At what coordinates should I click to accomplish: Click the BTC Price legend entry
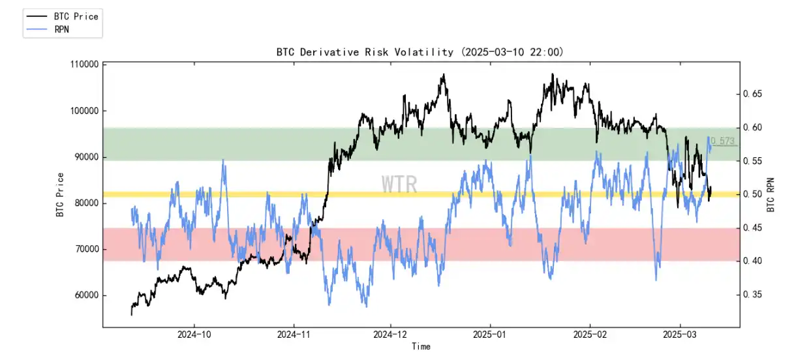76,16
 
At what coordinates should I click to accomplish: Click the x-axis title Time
421,347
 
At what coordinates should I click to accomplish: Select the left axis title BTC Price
60,194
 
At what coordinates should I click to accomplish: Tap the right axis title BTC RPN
771,194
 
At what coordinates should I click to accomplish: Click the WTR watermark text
399,185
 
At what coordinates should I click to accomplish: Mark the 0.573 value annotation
722,141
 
